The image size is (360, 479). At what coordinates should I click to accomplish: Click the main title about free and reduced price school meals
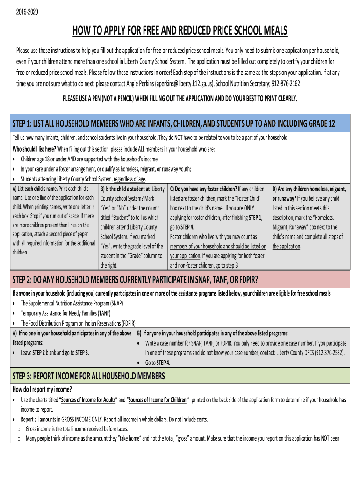coord(180,31)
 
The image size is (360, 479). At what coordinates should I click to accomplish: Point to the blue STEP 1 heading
coord(173,124)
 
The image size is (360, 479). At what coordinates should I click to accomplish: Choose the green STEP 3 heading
coord(89,376)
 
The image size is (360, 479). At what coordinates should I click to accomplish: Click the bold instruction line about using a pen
coord(180,99)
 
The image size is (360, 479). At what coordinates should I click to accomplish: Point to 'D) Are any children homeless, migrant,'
coord(309,189)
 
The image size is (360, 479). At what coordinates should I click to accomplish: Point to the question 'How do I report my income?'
coord(42,390)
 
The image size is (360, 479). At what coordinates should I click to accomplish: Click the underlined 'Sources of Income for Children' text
coord(158,400)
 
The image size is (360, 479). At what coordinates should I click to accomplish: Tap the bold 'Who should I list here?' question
coord(34,149)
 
